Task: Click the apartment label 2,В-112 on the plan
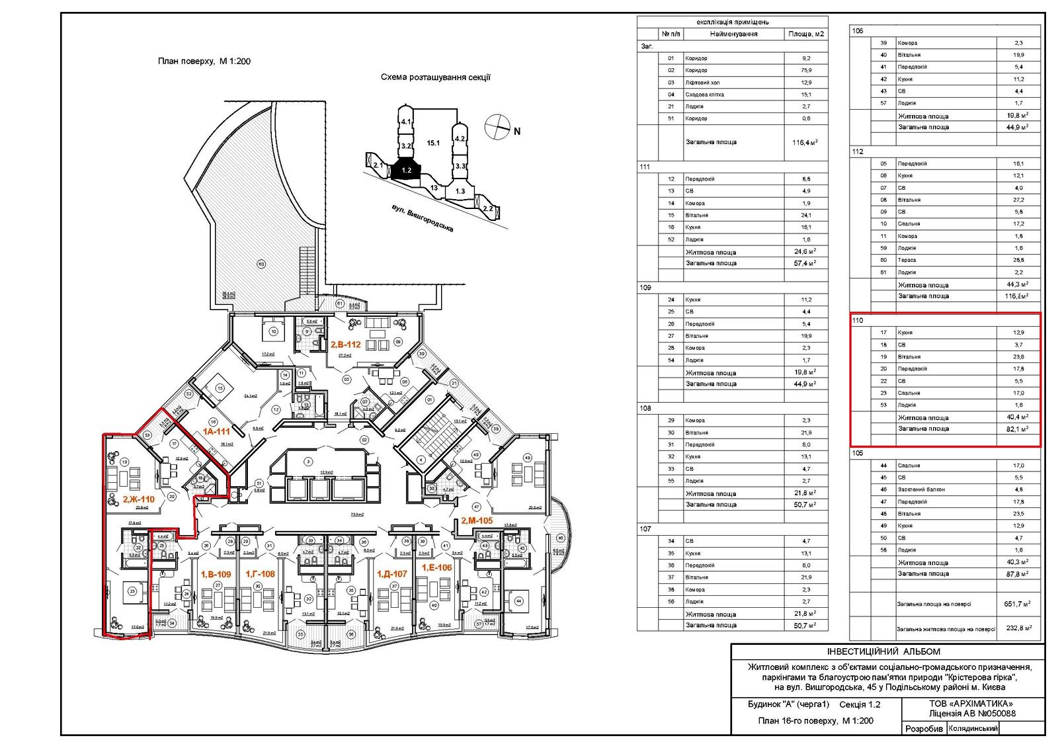tap(345, 344)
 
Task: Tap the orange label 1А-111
tap(216, 431)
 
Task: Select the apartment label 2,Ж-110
tap(138, 499)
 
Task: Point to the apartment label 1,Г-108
tap(260, 574)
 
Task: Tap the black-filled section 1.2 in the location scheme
tap(406, 170)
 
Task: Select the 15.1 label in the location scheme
tap(433, 142)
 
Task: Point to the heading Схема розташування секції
tap(435, 77)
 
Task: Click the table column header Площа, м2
tap(805, 34)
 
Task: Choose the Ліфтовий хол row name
tap(702, 83)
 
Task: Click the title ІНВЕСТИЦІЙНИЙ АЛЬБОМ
tap(887, 651)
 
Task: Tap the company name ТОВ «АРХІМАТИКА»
tap(970, 704)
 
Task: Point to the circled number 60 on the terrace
tap(261, 265)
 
